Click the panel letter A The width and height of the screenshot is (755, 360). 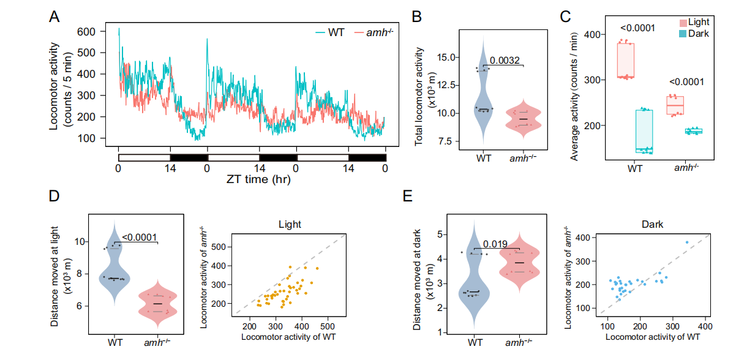pyautogui.click(x=54, y=18)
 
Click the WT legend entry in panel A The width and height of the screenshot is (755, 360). pyautogui.click(x=334, y=31)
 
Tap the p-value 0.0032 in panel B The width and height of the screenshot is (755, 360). pyautogui.click(x=505, y=60)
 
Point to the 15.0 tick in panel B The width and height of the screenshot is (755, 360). pyautogui.click(x=450, y=58)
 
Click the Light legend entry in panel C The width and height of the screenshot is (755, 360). pyautogui.click(x=699, y=22)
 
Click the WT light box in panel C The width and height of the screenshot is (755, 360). pyautogui.click(x=625, y=61)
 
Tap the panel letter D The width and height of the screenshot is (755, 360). pyautogui.click(x=54, y=198)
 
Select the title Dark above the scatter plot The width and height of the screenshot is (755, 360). pyautogui.click(x=640, y=224)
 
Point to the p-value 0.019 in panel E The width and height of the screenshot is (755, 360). pyautogui.click(x=496, y=243)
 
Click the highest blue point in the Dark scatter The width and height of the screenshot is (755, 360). pyautogui.click(x=687, y=242)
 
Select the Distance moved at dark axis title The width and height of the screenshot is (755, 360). pyautogui.click(x=417, y=279)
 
